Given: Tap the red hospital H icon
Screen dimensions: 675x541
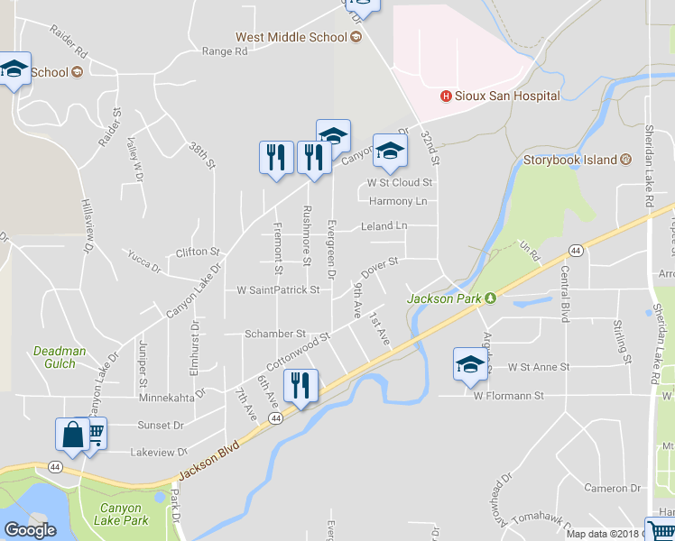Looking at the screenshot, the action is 445,96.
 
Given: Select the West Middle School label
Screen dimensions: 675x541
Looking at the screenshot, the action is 291,37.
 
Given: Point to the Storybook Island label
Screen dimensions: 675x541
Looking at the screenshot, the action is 571,160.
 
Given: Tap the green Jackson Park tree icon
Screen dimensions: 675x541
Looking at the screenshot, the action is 491,298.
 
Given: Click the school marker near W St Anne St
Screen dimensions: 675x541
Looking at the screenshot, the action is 469,364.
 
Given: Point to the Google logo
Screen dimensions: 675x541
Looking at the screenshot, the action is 30,530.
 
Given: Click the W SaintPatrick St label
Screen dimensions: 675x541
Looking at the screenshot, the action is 278,290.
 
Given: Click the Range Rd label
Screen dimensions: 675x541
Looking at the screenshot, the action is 224,52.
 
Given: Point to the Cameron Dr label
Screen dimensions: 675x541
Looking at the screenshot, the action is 612,489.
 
